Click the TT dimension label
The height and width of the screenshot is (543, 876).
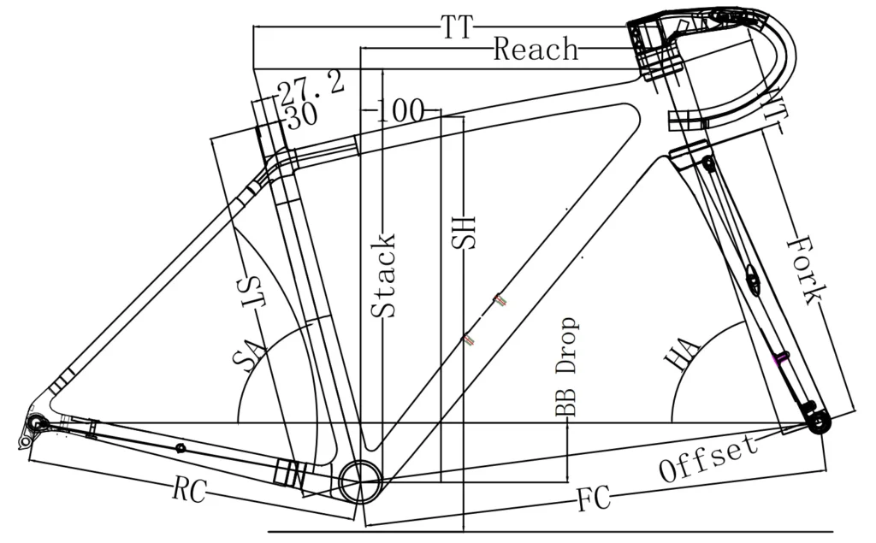tap(457, 28)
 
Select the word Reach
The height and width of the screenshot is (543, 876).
tap(536, 49)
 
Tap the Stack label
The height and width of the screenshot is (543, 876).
tap(385, 275)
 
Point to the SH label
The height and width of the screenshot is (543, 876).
tap(464, 230)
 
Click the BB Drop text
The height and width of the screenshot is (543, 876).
tap(566, 368)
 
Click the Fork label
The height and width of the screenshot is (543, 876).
tap(805, 270)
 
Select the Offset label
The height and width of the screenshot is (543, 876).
tap(709, 458)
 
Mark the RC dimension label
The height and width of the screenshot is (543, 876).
tap(189, 491)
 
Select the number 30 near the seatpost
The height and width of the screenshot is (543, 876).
tap(302, 115)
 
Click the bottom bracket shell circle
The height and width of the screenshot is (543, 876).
tap(361, 482)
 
